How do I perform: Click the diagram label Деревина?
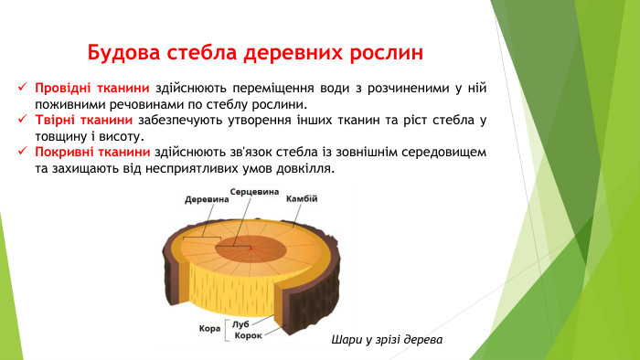205,199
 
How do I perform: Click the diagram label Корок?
248,335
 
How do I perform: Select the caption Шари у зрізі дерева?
387,341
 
